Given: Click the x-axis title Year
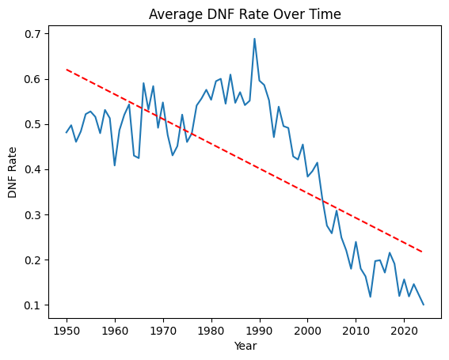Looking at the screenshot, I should [x=245, y=346].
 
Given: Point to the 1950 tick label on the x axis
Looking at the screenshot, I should [x=67, y=329].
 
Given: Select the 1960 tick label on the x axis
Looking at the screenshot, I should [x=115, y=329].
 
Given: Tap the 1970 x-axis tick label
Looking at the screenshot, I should [x=163, y=329].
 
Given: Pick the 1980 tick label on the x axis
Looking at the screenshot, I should [x=211, y=329].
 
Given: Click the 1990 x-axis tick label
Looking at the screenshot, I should [x=259, y=329].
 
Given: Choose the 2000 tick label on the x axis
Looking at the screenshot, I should [x=307, y=329].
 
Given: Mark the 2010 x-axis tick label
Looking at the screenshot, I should [x=356, y=329].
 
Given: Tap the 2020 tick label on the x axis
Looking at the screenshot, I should [x=404, y=329].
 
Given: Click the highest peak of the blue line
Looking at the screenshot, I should [x=254, y=39].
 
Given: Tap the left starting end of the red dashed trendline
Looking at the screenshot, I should [x=67, y=70].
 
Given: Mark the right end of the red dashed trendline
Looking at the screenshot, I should [x=423, y=252].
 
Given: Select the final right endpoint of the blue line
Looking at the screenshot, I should [x=423, y=305].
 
